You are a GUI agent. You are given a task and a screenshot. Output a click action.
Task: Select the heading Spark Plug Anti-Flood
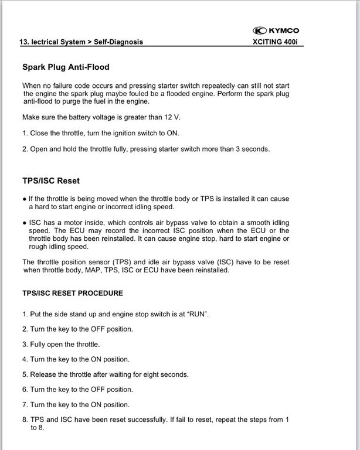pos(66,67)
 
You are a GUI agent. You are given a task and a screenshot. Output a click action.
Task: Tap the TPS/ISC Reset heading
pos(51,180)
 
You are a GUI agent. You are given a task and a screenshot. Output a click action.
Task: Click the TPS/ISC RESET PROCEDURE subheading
pos(72,293)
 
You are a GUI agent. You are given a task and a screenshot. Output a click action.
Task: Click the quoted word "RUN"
pos(198,314)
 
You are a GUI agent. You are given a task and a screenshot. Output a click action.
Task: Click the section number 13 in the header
pos(24,42)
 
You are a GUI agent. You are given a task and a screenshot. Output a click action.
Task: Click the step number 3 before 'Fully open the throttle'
pos(25,344)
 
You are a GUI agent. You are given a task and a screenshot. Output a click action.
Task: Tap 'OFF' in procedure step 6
pos(90,389)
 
